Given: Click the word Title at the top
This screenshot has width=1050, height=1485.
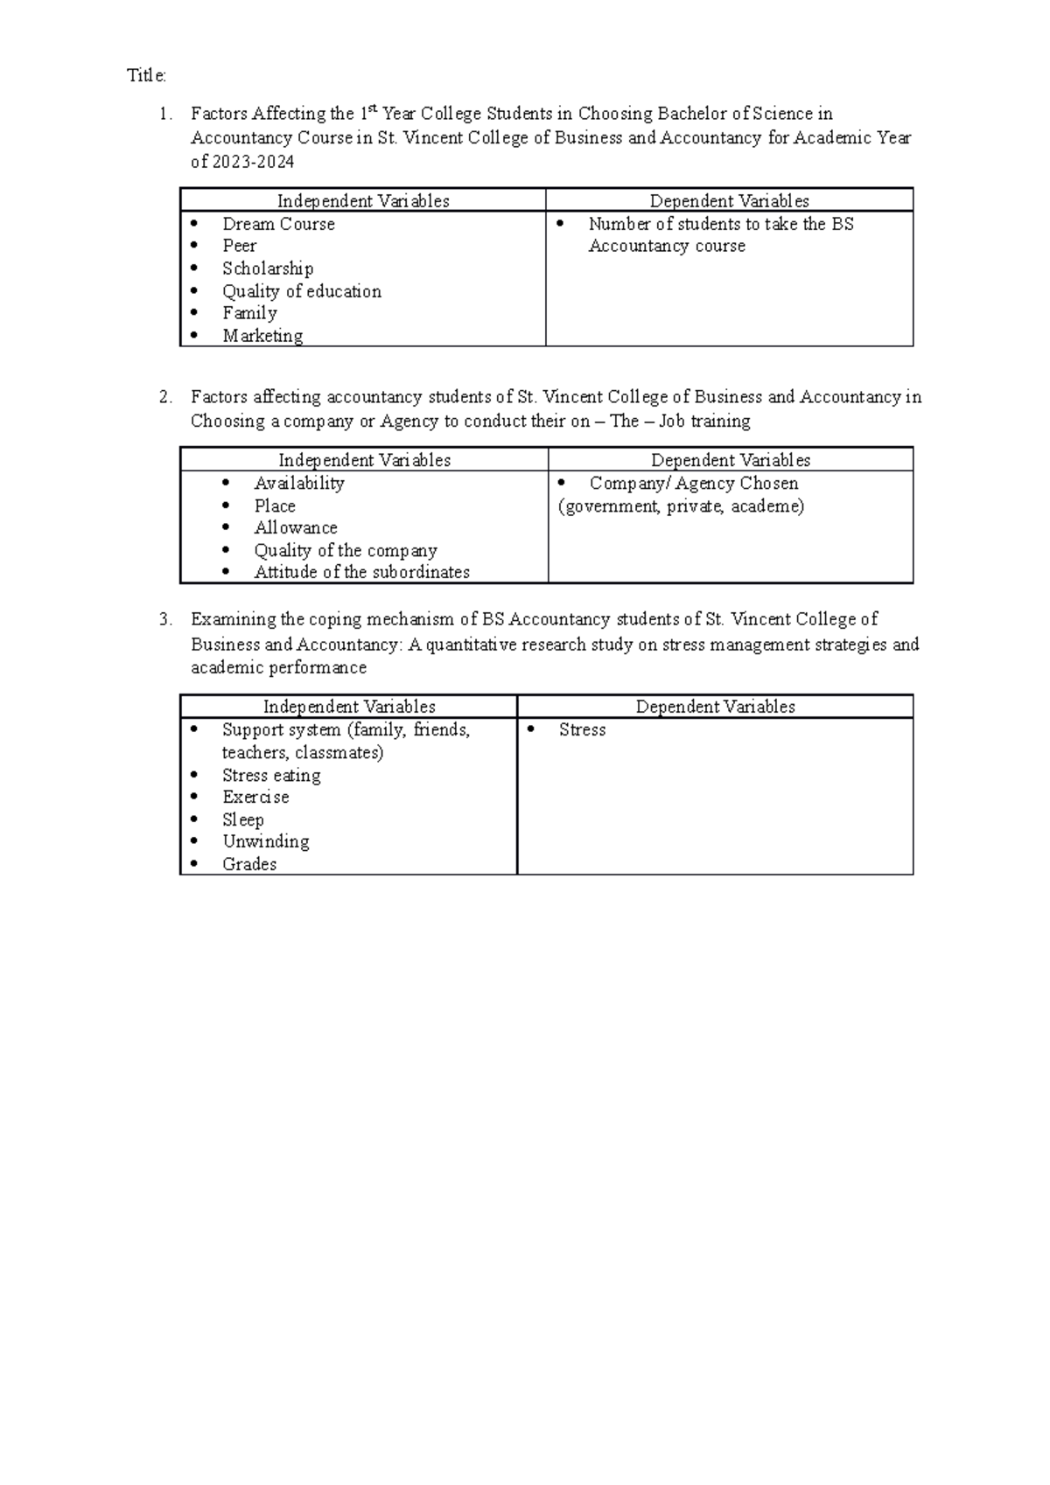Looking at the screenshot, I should (145, 76).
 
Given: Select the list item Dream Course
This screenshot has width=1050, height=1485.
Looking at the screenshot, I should (278, 224).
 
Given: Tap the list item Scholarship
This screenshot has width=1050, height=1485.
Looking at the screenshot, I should (267, 268).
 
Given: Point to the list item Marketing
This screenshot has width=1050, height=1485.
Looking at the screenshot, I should (262, 336).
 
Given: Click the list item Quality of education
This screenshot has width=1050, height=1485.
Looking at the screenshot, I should (301, 291).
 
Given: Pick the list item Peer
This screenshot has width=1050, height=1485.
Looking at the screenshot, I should (239, 246).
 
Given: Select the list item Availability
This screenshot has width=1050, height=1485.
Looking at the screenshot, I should (298, 483).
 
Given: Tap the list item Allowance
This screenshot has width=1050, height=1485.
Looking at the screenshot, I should (295, 527).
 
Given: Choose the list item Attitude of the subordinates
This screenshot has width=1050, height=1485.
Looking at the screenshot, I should (361, 572).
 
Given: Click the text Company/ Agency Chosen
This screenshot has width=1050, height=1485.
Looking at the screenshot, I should (693, 483).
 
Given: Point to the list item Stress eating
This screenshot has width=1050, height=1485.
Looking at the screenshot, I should (271, 775).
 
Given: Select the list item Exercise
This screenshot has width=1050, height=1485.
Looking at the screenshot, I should (255, 797).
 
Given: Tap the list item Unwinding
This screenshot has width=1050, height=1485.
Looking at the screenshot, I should (265, 841).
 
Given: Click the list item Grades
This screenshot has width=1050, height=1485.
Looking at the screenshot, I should (248, 864).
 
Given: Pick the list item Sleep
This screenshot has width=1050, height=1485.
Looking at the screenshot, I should (242, 819).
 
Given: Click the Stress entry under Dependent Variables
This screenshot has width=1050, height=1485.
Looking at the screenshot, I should (582, 729).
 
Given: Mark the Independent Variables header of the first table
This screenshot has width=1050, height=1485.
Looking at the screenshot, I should (363, 201).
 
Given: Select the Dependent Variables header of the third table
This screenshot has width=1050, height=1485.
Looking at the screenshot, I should (715, 707).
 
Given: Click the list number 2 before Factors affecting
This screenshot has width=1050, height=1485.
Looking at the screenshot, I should (164, 397).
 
